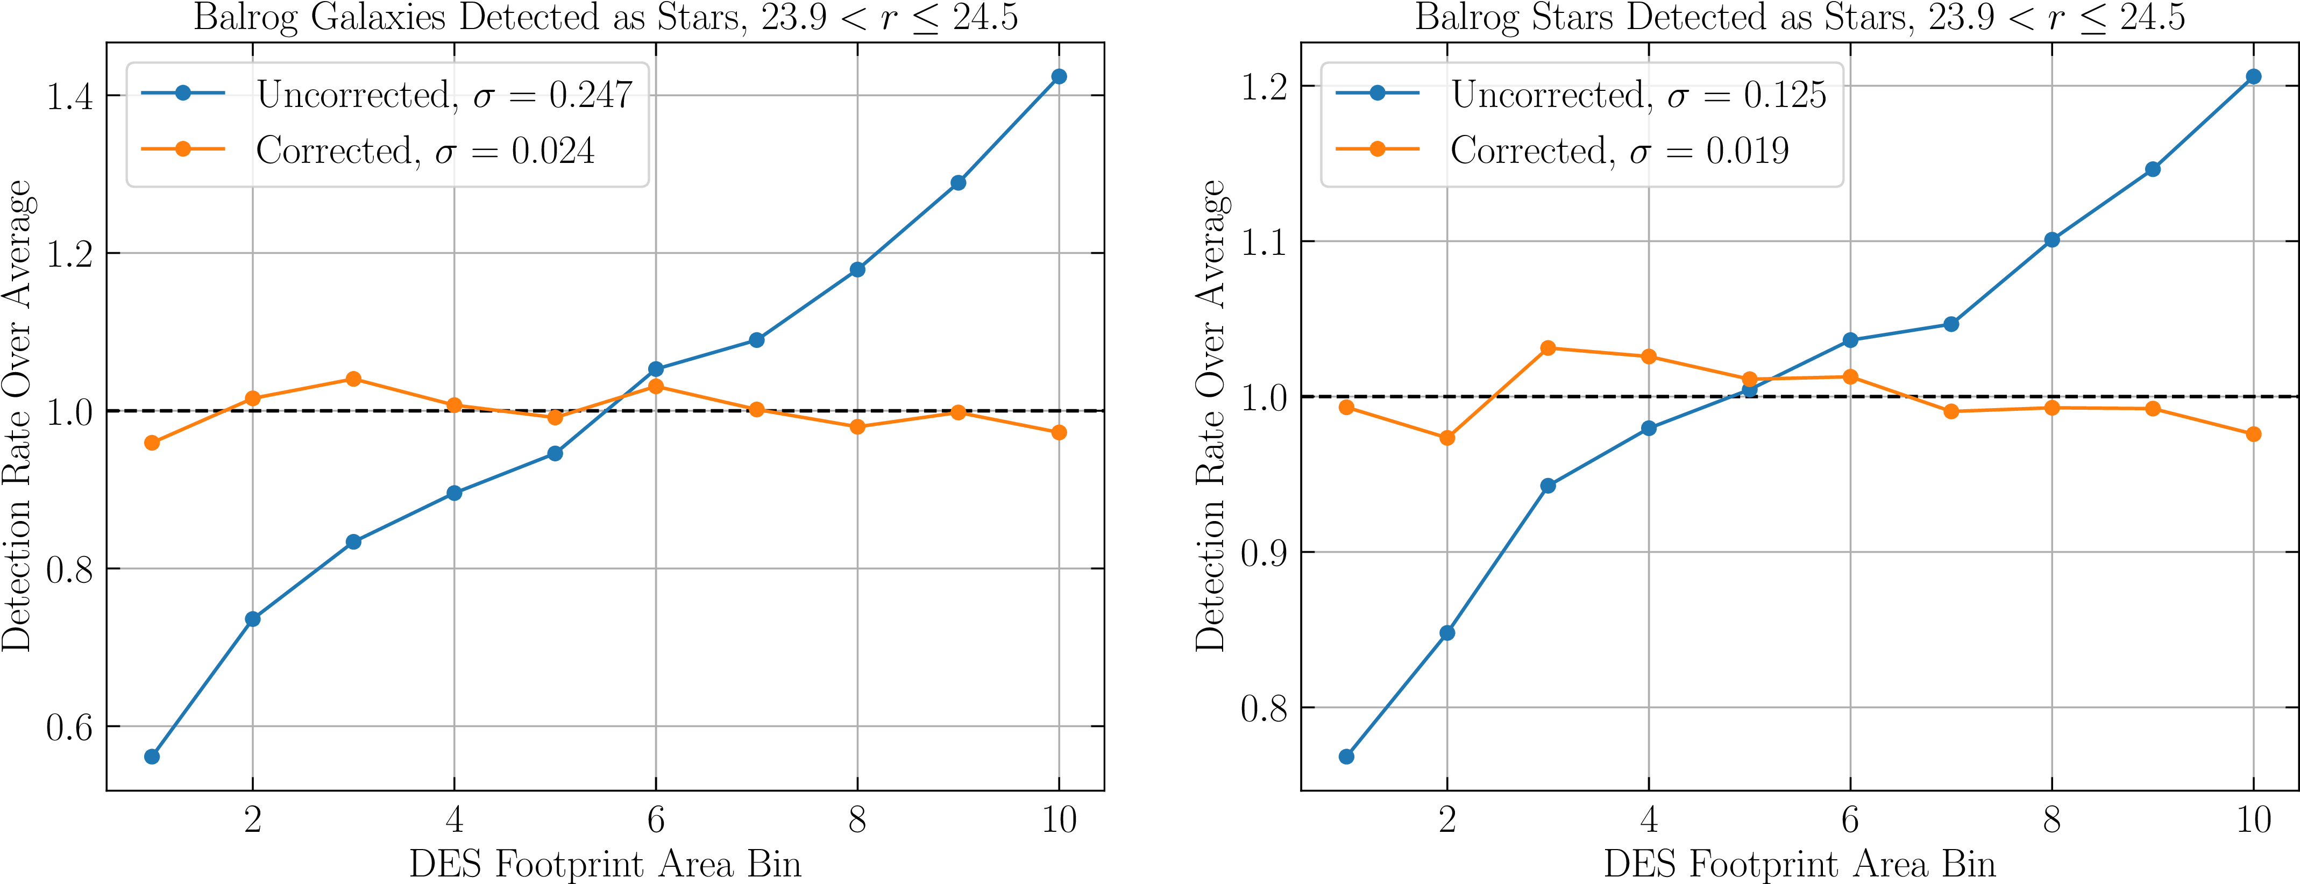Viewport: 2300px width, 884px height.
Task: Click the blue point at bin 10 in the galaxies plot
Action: click(x=1059, y=77)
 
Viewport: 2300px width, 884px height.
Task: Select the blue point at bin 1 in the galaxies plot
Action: click(x=152, y=757)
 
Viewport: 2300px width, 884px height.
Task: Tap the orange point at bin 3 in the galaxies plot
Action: click(x=353, y=380)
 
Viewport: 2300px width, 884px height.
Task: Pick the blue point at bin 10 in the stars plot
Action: click(x=2253, y=77)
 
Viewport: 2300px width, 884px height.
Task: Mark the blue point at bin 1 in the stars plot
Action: click(x=1346, y=757)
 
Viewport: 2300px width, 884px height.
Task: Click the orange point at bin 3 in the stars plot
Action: click(x=1548, y=348)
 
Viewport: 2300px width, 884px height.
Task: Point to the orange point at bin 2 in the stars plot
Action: click(x=1447, y=438)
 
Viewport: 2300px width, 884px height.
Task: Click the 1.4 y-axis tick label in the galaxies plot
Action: click(x=69, y=96)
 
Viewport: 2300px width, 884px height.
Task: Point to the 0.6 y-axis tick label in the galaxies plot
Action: click(x=69, y=728)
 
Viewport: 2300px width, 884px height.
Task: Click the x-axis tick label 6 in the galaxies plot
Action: click(x=656, y=819)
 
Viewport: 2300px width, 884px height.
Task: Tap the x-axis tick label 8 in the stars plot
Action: click(x=2052, y=819)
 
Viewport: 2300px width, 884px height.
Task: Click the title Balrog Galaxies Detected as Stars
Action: click(x=605, y=18)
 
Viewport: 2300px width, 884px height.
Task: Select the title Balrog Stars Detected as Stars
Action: click(x=1799, y=18)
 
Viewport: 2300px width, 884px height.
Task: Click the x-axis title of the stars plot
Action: click(x=1799, y=864)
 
